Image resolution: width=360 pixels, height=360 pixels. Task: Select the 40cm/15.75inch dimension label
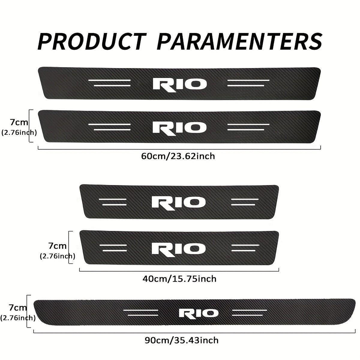179,279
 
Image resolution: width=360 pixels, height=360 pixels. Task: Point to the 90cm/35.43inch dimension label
181,340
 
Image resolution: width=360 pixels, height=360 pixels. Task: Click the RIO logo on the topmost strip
180,84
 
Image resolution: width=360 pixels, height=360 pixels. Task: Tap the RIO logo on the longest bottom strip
199,313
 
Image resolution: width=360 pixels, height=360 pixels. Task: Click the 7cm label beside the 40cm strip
57,246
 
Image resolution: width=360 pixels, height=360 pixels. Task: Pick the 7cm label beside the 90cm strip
18,307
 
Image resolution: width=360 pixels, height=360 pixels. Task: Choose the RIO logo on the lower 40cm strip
179,248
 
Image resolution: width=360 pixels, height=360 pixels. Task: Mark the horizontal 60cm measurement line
179,147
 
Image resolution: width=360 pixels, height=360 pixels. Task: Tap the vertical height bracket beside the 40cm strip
70,247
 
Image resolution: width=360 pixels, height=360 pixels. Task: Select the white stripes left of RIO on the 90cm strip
141,313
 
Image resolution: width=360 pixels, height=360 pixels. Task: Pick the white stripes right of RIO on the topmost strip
248,83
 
